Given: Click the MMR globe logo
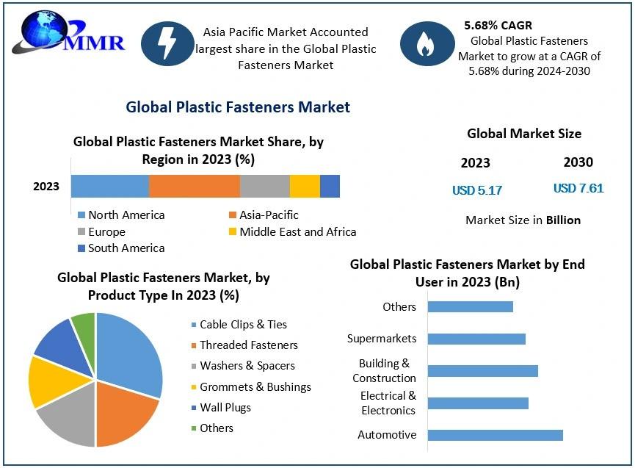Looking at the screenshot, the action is tap(68, 32).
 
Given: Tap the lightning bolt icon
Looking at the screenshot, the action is tap(167, 44).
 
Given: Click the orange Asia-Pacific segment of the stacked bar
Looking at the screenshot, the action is tap(195, 187).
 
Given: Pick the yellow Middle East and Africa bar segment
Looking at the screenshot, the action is tap(305, 187).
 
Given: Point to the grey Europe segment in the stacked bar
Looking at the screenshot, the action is tap(265, 187).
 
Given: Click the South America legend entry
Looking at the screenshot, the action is tap(121, 248).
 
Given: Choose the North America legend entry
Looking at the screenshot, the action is tap(121, 215).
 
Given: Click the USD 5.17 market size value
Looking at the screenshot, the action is tap(477, 190).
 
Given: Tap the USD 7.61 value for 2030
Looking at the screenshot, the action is tap(578, 188).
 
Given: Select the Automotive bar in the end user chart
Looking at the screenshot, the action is tap(496, 435).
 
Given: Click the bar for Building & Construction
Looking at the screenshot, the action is tap(483, 371).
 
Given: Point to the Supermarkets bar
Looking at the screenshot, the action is tap(476, 339).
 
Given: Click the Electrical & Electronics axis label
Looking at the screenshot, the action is tap(388, 403).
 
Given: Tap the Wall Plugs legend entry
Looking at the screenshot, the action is tap(221, 408).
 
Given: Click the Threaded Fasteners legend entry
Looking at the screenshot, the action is tap(244, 345).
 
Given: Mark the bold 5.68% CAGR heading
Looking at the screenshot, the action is tap(498, 25).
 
